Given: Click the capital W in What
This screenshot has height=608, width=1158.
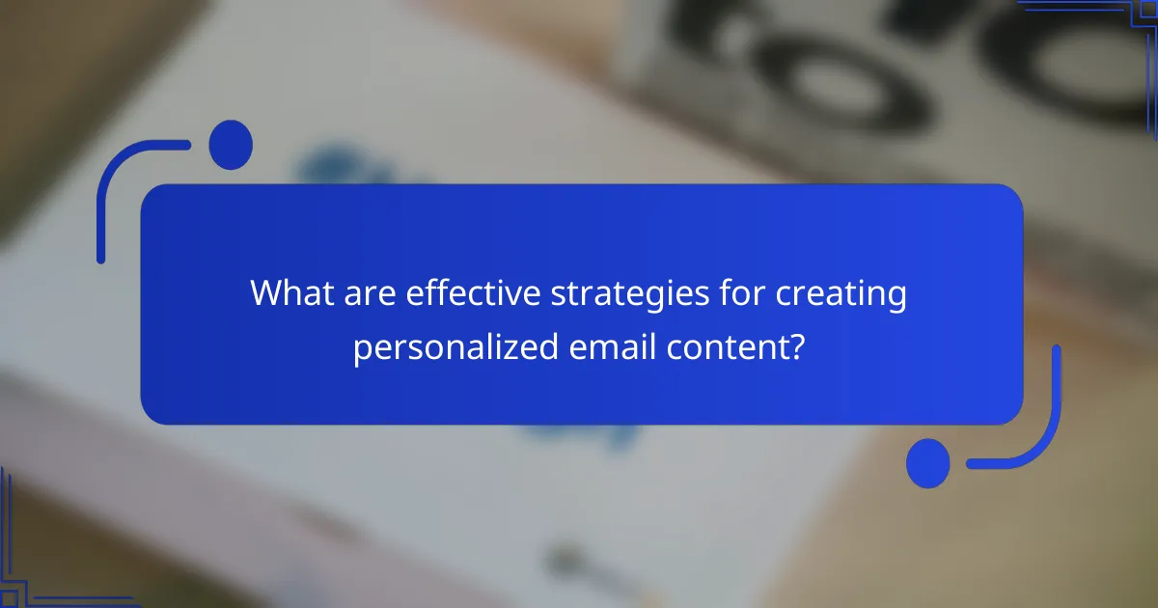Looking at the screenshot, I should coord(264,294).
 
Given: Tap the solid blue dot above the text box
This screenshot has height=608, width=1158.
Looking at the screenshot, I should coord(231,145).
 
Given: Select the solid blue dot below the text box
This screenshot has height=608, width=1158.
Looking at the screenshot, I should coord(928,462).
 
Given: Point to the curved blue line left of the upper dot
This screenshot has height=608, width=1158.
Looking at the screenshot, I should coord(121,188).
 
